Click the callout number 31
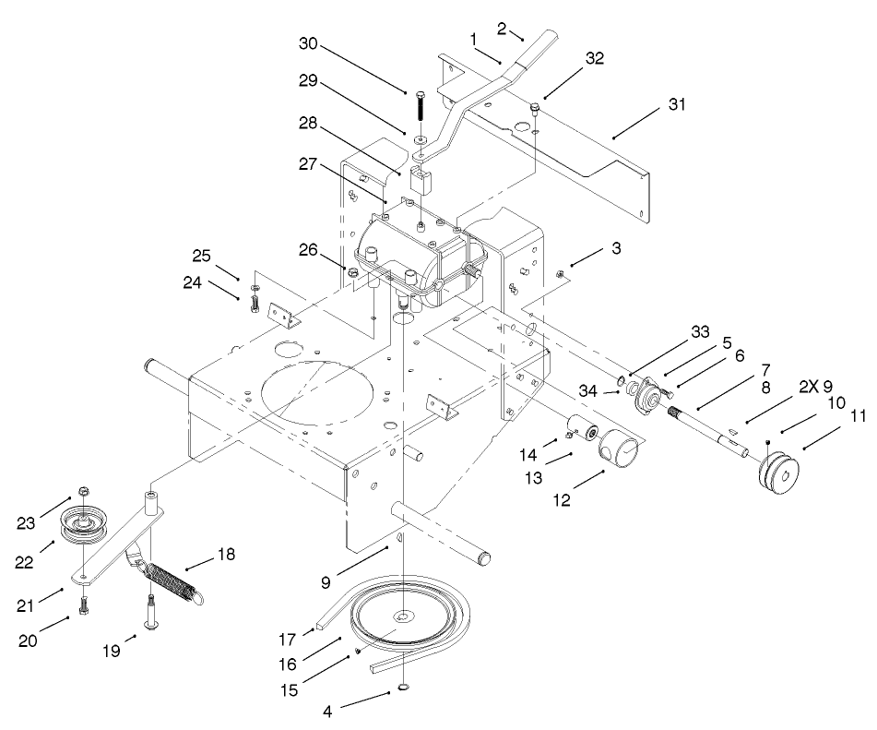click(x=679, y=103)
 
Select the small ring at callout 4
click(x=405, y=687)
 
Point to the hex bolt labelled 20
click(x=83, y=607)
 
